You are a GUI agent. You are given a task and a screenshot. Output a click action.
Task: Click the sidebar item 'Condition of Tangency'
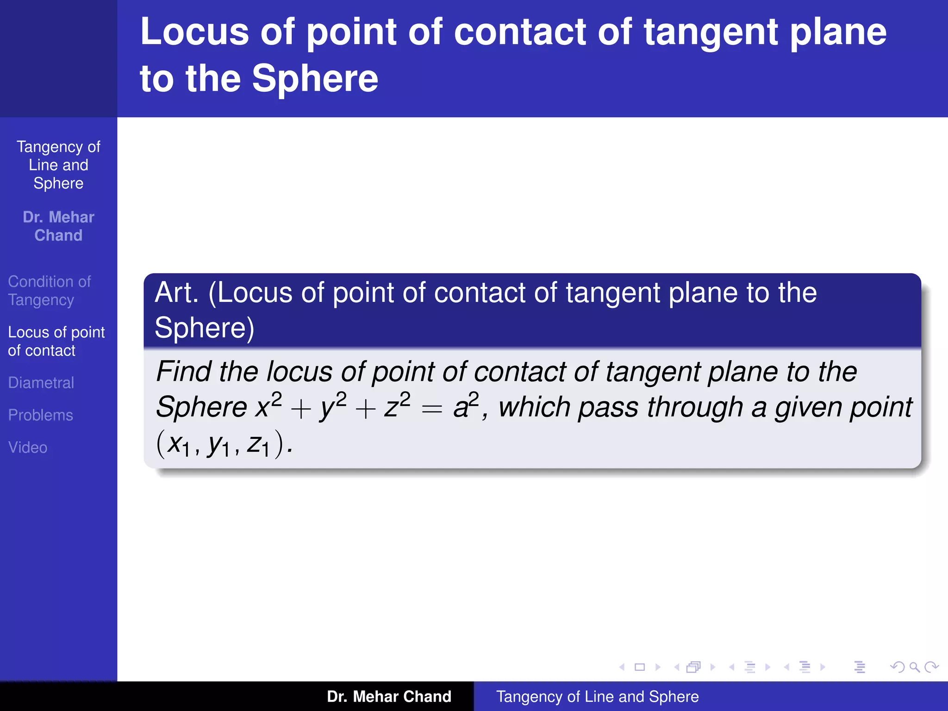(x=50, y=291)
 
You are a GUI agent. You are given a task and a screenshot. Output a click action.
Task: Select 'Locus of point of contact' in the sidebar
(x=56, y=341)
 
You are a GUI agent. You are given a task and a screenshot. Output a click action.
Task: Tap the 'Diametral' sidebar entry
(x=41, y=383)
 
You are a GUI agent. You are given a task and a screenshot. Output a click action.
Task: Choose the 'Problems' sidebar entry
(x=40, y=415)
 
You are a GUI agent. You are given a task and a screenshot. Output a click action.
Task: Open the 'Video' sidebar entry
(x=28, y=448)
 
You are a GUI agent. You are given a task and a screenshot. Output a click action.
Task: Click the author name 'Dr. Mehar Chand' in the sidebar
(x=58, y=226)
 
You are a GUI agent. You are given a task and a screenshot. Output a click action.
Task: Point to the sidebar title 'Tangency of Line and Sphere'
(x=58, y=165)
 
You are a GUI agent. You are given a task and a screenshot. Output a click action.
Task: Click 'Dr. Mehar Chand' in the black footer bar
(x=389, y=696)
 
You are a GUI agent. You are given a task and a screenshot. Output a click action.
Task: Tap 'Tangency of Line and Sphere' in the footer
(x=597, y=696)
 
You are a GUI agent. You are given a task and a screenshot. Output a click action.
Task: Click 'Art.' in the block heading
(x=177, y=293)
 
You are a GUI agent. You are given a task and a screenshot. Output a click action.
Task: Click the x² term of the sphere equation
(x=269, y=406)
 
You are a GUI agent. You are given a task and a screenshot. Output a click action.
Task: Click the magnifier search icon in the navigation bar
(x=914, y=667)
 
